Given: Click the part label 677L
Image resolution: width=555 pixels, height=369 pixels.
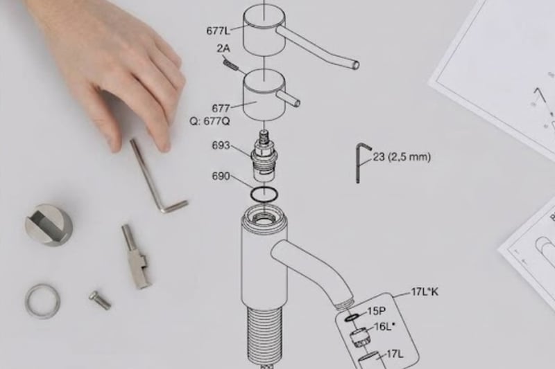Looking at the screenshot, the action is coord(218,30).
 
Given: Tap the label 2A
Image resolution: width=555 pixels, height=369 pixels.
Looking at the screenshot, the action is coord(223,48).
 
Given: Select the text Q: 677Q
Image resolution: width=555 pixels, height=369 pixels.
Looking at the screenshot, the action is coord(210,121).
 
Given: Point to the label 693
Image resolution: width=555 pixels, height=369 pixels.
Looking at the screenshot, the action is coord(221,145).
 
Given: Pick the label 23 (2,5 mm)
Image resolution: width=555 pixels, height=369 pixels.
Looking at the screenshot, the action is coord(402,156).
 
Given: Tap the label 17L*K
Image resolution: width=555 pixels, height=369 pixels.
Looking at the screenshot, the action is coord(425,292).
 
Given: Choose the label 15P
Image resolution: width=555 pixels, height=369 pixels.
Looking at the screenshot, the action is coord(376,311).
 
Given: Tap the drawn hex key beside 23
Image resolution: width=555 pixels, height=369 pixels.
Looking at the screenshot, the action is coord(359,163).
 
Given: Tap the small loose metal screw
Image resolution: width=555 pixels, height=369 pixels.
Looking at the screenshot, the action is coord(100,300).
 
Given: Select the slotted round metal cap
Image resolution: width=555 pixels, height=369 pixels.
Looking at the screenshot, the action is coord(49,224).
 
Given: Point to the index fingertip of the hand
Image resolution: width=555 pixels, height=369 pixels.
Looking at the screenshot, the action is coord(164,146).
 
